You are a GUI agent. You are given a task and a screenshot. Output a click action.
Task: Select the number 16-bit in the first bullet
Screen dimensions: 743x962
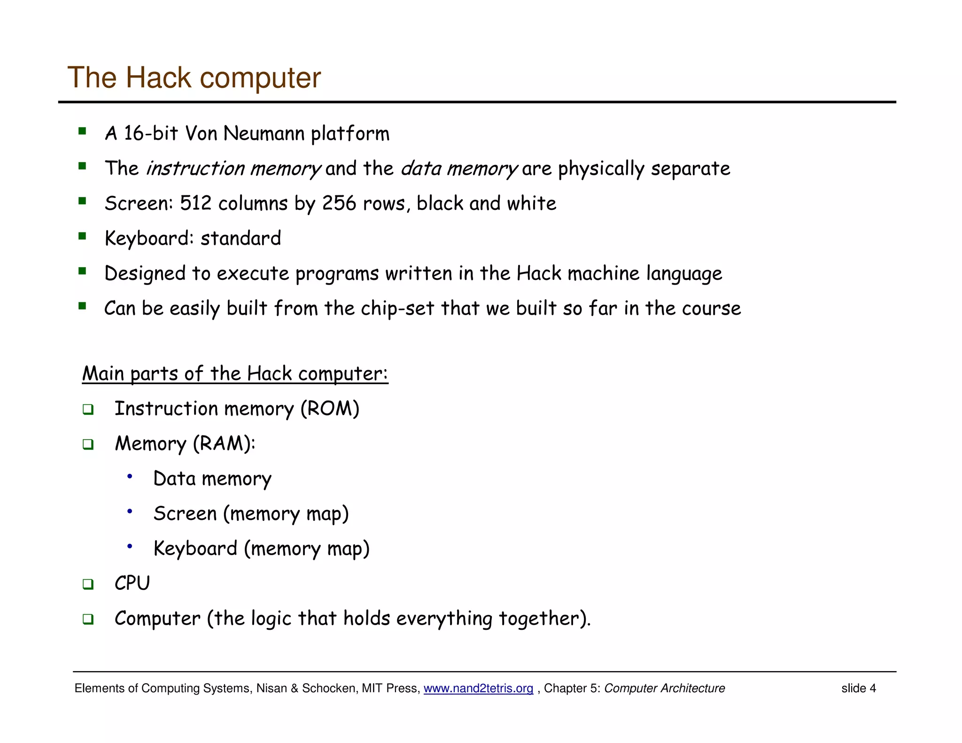pyautogui.click(x=151, y=133)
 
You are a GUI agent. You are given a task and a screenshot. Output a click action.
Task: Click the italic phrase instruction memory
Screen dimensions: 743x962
pyautogui.click(x=233, y=169)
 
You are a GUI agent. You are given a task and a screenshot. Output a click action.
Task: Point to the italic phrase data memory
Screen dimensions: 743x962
pyautogui.click(x=458, y=169)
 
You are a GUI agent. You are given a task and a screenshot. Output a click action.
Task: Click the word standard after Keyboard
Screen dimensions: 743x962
pyautogui.click(x=240, y=239)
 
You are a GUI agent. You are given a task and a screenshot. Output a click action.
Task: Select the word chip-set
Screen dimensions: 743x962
pyautogui.click(x=397, y=309)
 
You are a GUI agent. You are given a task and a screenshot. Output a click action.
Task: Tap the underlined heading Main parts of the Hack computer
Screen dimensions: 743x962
pyautogui.click(x=235, y=374)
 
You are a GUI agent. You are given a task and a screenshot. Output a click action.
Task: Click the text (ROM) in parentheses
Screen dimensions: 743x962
pyautogui.click(x=330, y=409)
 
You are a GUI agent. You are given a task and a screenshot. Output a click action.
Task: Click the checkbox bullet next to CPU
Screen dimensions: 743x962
pyautogui.click(x=88, y=584)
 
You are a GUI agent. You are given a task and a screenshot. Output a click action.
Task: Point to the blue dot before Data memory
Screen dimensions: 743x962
pyautogui.click(x=130, y=477)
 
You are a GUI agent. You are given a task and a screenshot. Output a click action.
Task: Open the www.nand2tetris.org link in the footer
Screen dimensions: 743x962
pyautogui.click(x=478, y=689)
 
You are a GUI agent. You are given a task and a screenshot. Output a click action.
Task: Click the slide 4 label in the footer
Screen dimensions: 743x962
pyautogui.click(x=858, y=689)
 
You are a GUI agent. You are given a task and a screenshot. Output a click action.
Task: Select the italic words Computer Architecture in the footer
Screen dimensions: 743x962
pyautogui.click(x=664, y=689)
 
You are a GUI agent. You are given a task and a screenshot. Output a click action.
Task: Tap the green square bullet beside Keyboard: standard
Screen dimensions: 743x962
pyautogui.click(x=83, y=236)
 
